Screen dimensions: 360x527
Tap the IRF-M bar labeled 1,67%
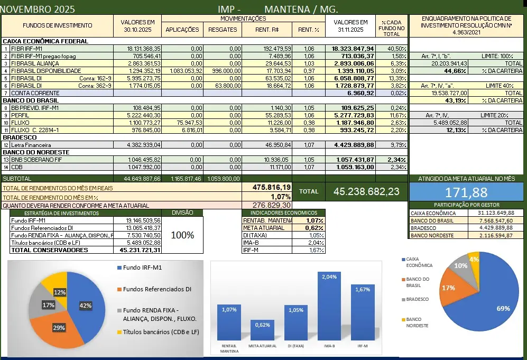[363, 313]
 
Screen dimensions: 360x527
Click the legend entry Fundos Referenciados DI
[157, 289]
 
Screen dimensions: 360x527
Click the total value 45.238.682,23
[366, 191]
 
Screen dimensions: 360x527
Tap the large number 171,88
[466, 192]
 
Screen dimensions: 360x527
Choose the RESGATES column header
[223, 30]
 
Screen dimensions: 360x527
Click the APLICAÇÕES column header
[182, 30]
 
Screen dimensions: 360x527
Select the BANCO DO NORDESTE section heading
[36, 152]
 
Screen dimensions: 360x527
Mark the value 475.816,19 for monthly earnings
[272, 187]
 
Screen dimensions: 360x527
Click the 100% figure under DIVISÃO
[182, 235]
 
